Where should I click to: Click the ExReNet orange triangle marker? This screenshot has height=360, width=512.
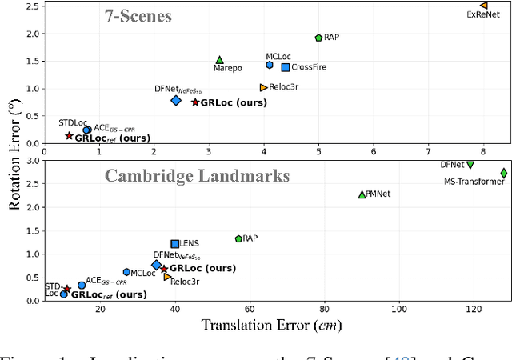(x=483, y=6)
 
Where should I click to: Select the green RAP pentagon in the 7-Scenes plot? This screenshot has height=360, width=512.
(x=318, y=38)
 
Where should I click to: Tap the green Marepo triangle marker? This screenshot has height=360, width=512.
(x=219, y=60)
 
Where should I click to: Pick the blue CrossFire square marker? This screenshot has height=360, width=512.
(x=286, y=67)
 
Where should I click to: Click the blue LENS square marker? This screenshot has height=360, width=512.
(x=175, y=244)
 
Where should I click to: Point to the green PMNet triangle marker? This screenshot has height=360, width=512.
(x=362, y=194)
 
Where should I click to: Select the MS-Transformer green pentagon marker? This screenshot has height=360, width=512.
(x=504, y=173)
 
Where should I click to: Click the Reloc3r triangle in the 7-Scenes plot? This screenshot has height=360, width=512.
(x=263, y=87)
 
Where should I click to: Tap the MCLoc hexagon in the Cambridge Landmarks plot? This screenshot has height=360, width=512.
(x=126, y=272)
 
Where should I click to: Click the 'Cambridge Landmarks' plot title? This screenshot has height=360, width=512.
(x=170, y=175)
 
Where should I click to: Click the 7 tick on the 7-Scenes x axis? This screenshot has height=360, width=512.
(x=429, y=150)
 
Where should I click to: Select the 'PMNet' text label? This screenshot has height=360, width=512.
(x=379, y=194)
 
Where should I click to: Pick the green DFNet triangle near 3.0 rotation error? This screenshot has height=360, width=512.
(x=470, y=165)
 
